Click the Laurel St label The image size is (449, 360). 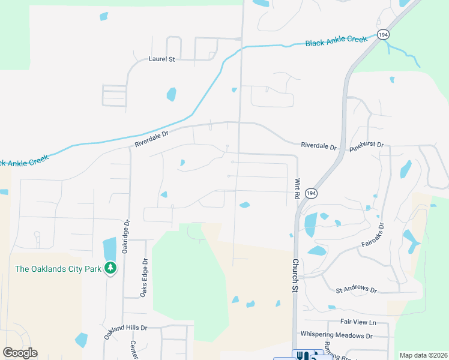click(161, 59)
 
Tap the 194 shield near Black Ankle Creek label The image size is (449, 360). click(383, 35)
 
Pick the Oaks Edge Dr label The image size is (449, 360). click(143, 277)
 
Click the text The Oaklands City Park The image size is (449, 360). click(58, 269)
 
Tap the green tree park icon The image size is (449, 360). click(110, 268)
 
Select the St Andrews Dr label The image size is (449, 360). click(356, 290)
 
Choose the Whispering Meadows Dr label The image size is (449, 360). click(336, 335)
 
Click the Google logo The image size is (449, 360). click(20, 353)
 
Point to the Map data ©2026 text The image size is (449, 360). click(423, 355)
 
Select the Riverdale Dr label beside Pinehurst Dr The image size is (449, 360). click(319, 145)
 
